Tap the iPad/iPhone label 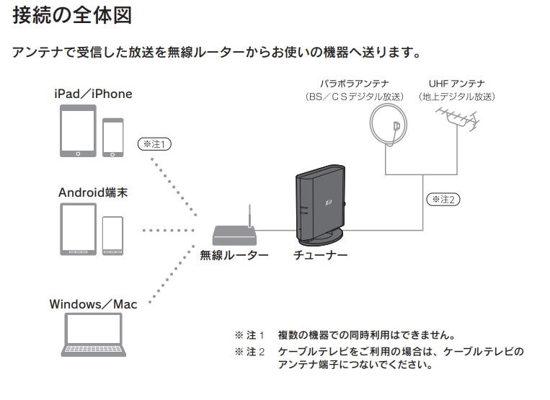tap(93, 94)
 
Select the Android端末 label tap(93, 192)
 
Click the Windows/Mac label tap(93, 303)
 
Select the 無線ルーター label tap(234, 255)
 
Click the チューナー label tap(320, 255)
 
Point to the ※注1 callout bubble tap(154, 144)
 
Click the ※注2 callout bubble tap(443, 198)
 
